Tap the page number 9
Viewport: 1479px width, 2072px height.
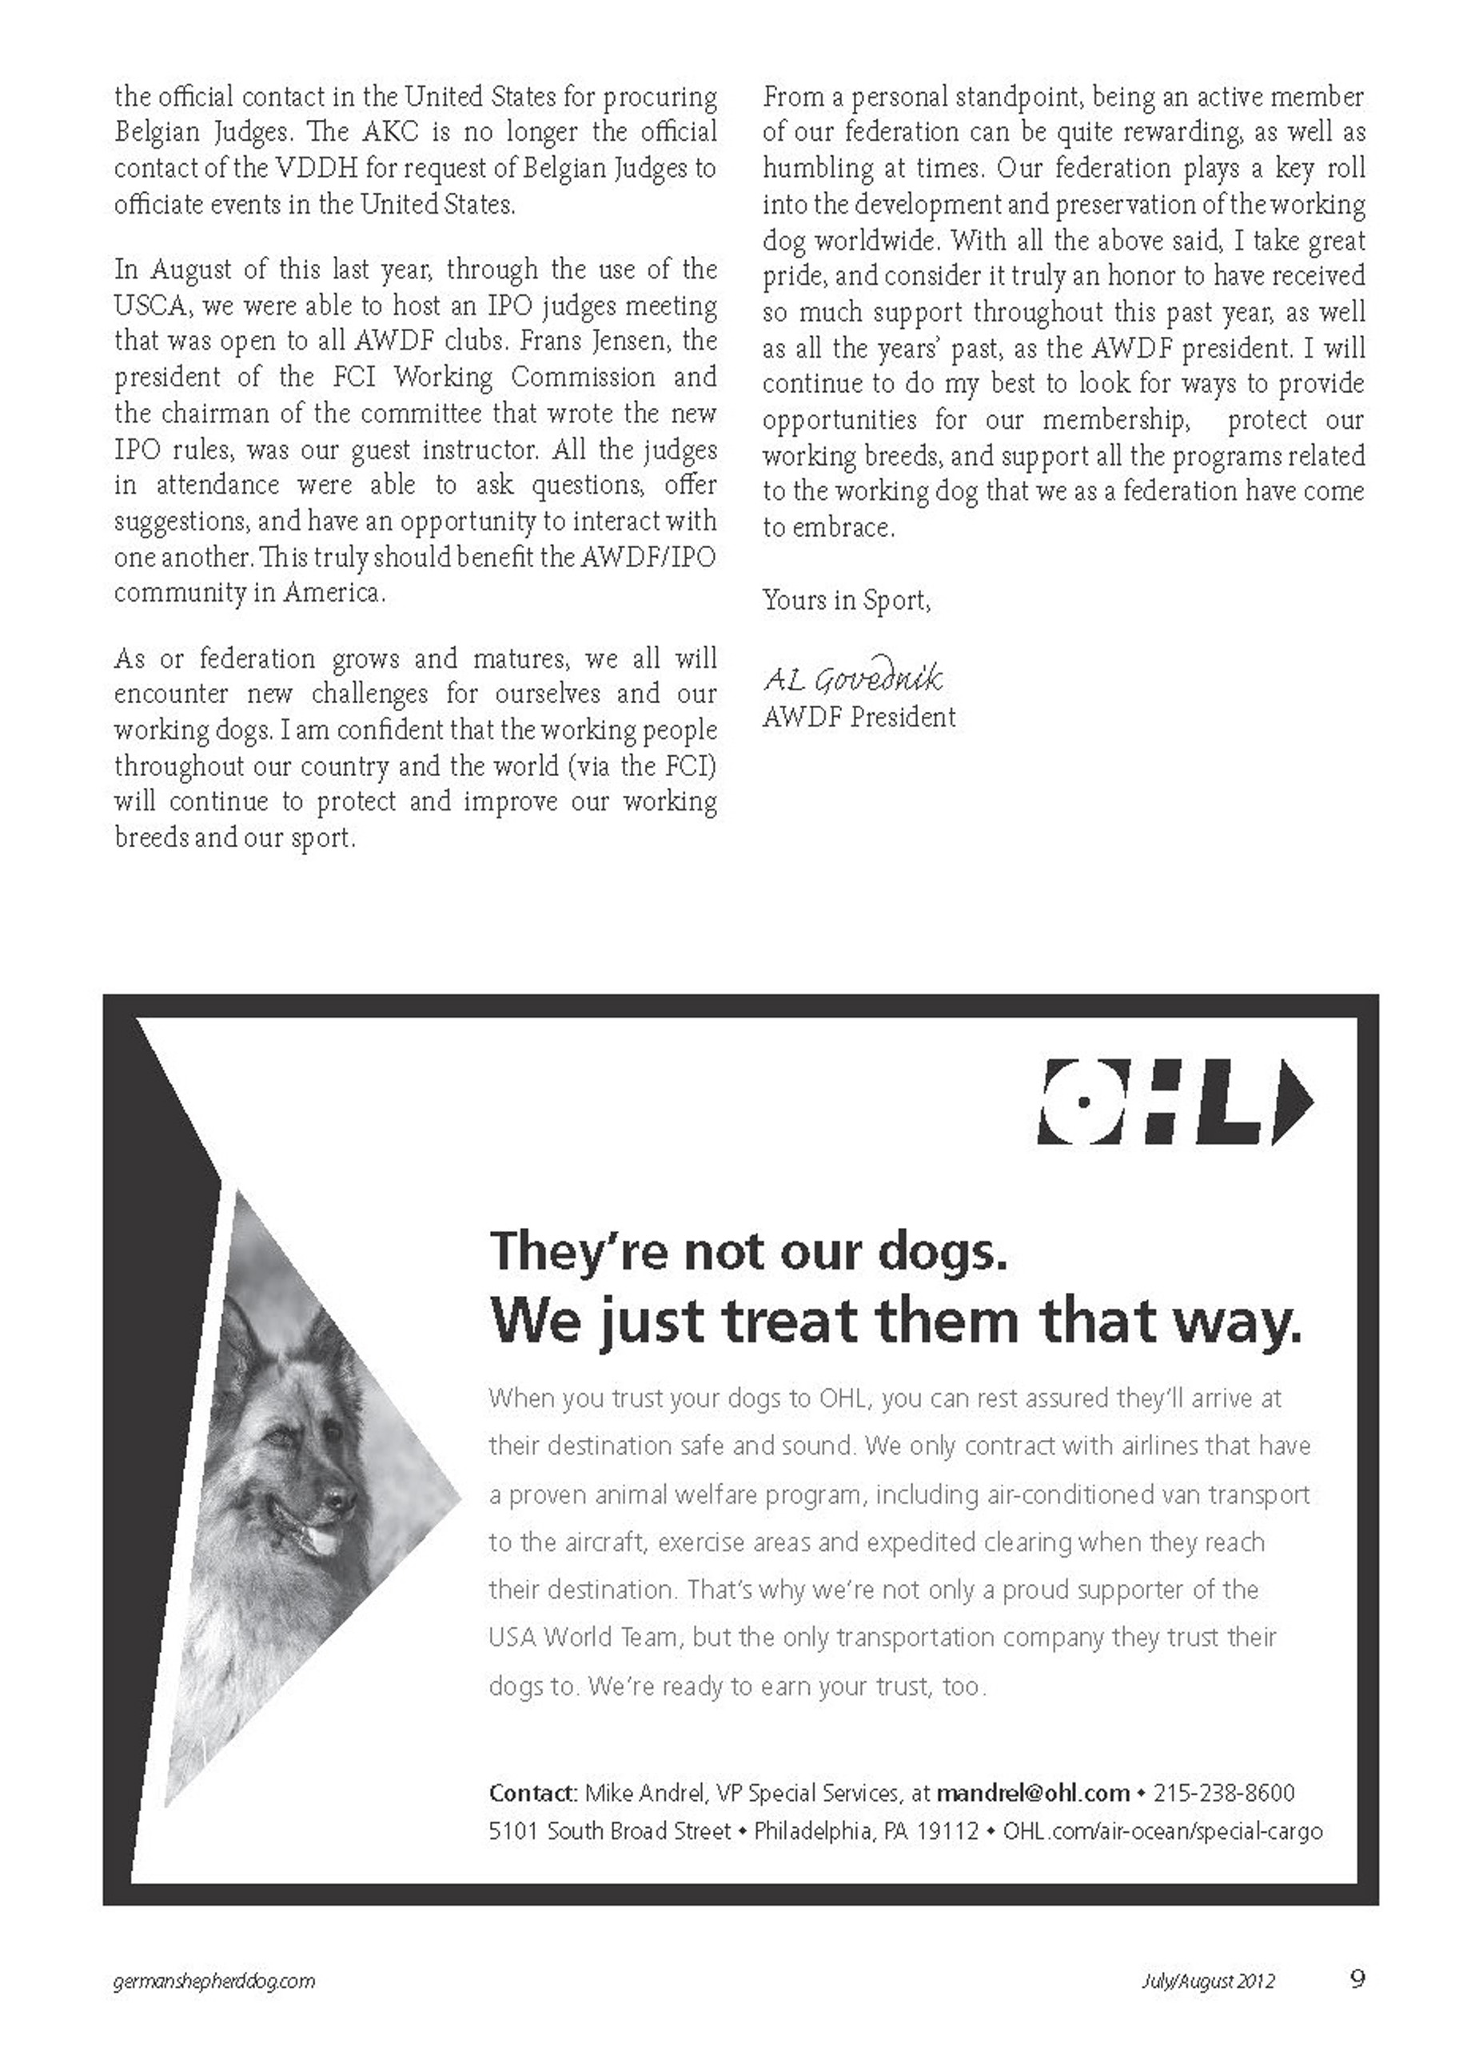click(x=1357, y=1979)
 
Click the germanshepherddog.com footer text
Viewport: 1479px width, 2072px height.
click(x=215, y=1981)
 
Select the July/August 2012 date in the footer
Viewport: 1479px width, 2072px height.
click(x=1208, y=1981)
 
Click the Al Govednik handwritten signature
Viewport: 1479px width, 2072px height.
click(x=852, y=678)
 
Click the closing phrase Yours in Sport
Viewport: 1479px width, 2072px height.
click(x=846, y=601)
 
